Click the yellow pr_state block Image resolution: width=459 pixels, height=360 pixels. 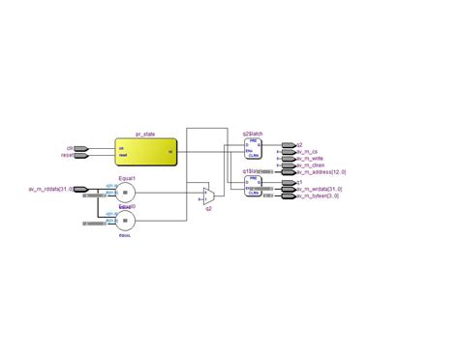(144, 152)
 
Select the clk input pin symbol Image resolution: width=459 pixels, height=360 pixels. (80, 149)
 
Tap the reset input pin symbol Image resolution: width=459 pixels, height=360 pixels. (80, 155)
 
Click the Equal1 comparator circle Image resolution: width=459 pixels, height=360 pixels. (126, 194)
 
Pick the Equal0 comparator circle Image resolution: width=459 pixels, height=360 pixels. (126, 220)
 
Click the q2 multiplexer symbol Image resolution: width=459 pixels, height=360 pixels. (208, 195)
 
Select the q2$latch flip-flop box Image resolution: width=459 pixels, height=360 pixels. (253, 150)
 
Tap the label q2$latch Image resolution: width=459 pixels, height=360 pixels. (253, 135)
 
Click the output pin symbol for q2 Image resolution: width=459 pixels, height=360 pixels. (287, 144)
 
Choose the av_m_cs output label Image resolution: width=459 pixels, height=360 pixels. (308, 152)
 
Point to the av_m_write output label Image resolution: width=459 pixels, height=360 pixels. (311, 159)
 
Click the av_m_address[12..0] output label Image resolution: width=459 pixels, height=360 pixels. (323, 172)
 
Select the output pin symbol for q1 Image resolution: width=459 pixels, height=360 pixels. (287, 181)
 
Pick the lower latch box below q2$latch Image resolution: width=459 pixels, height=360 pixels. (253, 186)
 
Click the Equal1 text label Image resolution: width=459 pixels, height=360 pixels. (126, 178)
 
